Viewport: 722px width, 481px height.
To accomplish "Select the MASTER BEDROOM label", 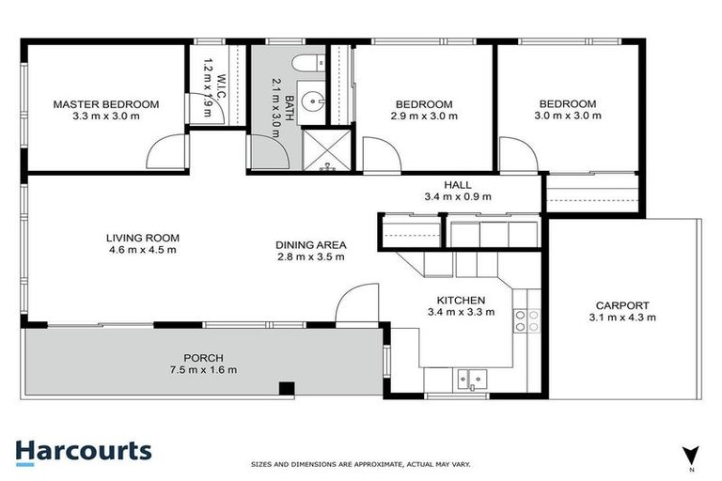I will tap(105, 104).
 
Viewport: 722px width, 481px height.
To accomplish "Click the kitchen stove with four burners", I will tap(525, 320).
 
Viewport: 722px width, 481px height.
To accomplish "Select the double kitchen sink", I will tap(470, 379).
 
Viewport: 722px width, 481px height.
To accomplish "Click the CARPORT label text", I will tap(621, 305).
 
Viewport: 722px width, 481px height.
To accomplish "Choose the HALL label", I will tap(460, 185).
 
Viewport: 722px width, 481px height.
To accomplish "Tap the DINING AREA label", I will tap(311, 245).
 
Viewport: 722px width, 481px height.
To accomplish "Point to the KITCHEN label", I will tap(460, 300).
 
